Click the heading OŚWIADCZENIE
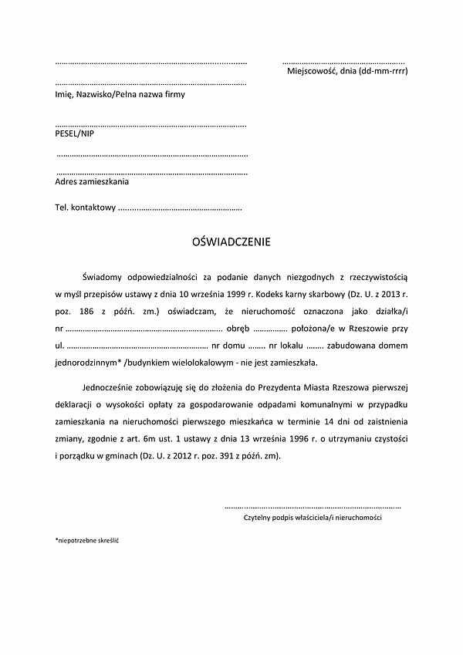pyautogui.click(x=231, y=242)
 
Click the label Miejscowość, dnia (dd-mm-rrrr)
pyautogui.click(x=347, y=71)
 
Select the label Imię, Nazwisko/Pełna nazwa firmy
pyautogui.click(x=120, y=94)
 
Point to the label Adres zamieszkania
pyautogui.click(x=92, y=182)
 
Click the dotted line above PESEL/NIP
pyautogui.click(x=151, y=123)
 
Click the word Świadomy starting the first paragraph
pyautogui.click(x=103, y=275)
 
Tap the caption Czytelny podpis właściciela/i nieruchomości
pyautogui.click(x=313, y=518)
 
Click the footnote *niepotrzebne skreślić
pyautogui.click(x=87, y=541)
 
